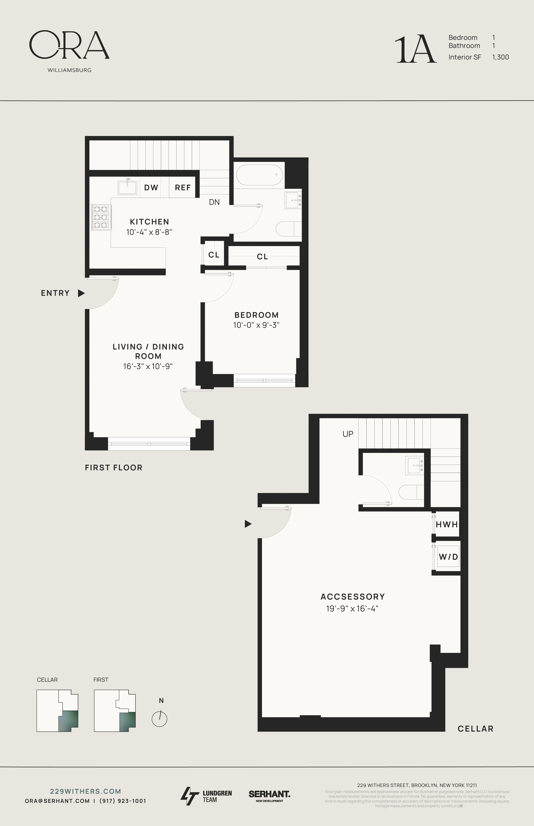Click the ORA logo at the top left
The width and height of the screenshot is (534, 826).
[69, 45]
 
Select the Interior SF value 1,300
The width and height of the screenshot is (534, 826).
[500, 57]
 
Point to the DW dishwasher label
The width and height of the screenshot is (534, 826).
[151, 188]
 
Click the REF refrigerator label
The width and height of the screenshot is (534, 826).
[183, 188]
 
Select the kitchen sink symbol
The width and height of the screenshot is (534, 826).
[128, 187]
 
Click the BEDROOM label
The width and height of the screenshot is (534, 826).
[257, 315]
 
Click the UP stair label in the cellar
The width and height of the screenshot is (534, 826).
[348, 434]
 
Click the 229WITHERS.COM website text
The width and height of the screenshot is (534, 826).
[86, 791]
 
